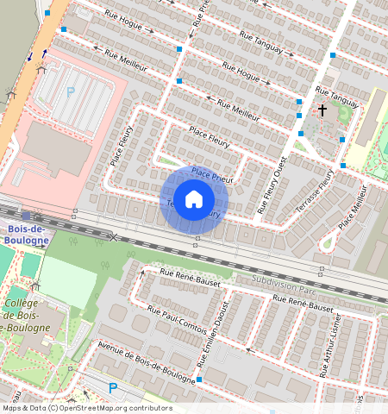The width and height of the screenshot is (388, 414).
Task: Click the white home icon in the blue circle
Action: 194,199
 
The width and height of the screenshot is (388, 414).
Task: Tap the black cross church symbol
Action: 323,110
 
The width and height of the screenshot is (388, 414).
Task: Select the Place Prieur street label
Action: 213,173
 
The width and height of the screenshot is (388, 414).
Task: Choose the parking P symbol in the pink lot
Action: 71,91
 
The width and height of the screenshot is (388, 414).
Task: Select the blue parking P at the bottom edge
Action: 113,388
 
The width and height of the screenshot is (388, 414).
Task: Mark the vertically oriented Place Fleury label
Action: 122,147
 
